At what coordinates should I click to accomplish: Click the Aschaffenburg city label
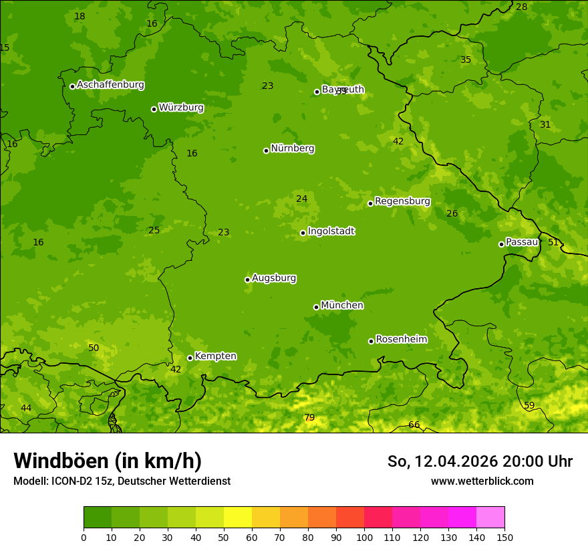[110, 85]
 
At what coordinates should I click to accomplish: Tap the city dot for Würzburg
[154, 109]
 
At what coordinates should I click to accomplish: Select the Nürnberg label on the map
[292, 148]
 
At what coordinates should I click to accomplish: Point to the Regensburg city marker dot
[370, 203]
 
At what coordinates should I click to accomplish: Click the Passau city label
[521, 242]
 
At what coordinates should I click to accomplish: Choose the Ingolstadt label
[331, 231]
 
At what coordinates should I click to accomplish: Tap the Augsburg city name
[274, 278]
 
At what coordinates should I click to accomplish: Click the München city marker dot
[316, 307]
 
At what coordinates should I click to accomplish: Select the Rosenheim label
[401, 340]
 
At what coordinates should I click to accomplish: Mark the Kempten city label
[215, 356]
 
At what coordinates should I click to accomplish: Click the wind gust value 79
[309, 418]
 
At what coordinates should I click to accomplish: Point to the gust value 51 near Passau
[553, 242]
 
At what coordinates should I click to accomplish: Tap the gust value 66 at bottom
[414, 425]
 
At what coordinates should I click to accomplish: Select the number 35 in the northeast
[466, 60]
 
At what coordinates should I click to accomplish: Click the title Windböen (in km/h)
[107, 461]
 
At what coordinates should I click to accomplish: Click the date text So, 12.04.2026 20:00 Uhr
[480, 461]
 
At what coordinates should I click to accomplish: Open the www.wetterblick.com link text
[482, 481]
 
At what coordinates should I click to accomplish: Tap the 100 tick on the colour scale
[364, 537]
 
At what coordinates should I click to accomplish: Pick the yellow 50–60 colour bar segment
[237, 517]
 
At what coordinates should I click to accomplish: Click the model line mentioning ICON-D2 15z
[122, 481]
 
